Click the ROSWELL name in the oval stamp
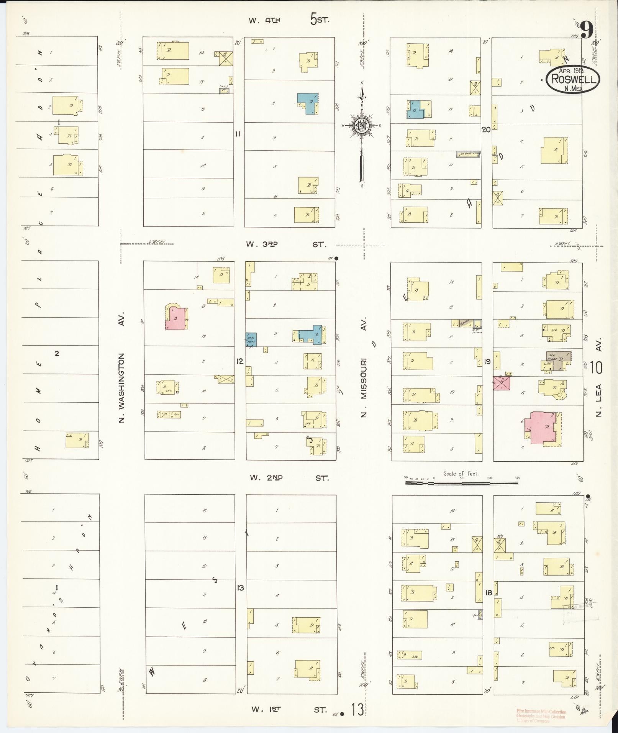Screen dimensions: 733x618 click(573, 79)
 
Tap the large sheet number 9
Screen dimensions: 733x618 click(587, 30)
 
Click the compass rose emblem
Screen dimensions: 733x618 click(361, 125)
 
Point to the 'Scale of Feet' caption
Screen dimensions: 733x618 click(461, 474)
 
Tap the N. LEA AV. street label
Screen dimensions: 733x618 click(599, 377)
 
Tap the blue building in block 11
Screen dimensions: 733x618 click(308, 103)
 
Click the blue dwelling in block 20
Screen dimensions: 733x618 click(415, 110)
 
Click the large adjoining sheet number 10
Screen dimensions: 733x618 click(596, 367)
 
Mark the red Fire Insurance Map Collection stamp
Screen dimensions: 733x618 click(541, 716)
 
